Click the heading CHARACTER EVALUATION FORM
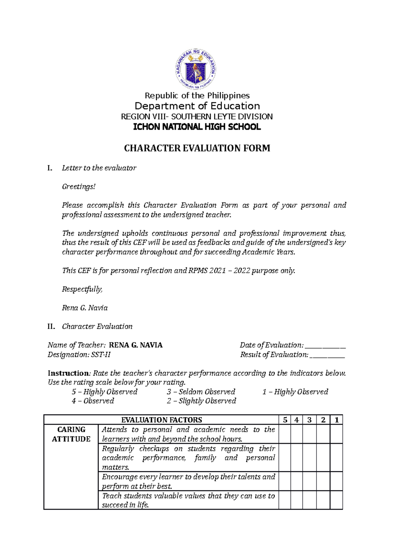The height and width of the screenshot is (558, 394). (197, 148)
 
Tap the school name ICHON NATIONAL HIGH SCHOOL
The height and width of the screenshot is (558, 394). (197, 127)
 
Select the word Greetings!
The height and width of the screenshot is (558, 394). (79, 187)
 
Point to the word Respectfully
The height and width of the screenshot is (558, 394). (82, 289)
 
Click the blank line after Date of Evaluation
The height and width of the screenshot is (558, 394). (325, 346)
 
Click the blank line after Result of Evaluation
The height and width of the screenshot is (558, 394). (327, 355)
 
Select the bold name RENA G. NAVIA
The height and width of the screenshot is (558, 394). (136, 345)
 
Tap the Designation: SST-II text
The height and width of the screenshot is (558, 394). (79, 355)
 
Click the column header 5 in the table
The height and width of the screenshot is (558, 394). (285, 420)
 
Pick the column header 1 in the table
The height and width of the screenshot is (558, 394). (337, 420)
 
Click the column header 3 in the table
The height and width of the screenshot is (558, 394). (309, 420)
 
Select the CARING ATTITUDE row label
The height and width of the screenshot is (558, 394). (71, 434)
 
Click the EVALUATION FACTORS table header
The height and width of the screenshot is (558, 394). (162, 420)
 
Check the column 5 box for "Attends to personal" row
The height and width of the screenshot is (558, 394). (285, 434)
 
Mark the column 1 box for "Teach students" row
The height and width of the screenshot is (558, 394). (337, 500)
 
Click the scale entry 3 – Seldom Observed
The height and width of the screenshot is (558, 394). (201, 392)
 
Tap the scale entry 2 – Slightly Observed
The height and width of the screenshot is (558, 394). (201, 401)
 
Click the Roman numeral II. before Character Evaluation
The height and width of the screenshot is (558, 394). (51, 326)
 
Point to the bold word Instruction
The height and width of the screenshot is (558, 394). (68, 373)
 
